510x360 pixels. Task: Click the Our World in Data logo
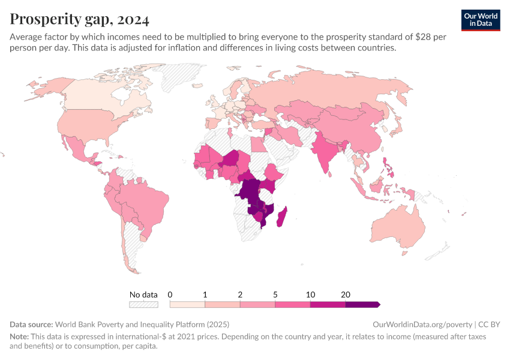tap(481, 19)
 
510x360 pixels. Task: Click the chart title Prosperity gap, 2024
tap(79, 19)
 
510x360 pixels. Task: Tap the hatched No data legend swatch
tap(143, 305)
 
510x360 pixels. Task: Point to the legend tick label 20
tap(346, 295)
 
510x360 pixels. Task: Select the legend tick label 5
tap(275, 295)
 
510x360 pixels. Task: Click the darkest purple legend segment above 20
tap(362, 305)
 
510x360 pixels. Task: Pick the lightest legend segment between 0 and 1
tap(187, 305)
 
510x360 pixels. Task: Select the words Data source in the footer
tap(31, 324)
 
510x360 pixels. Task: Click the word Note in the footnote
tap(19, 337)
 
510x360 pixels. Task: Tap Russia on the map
tap(336, 90)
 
